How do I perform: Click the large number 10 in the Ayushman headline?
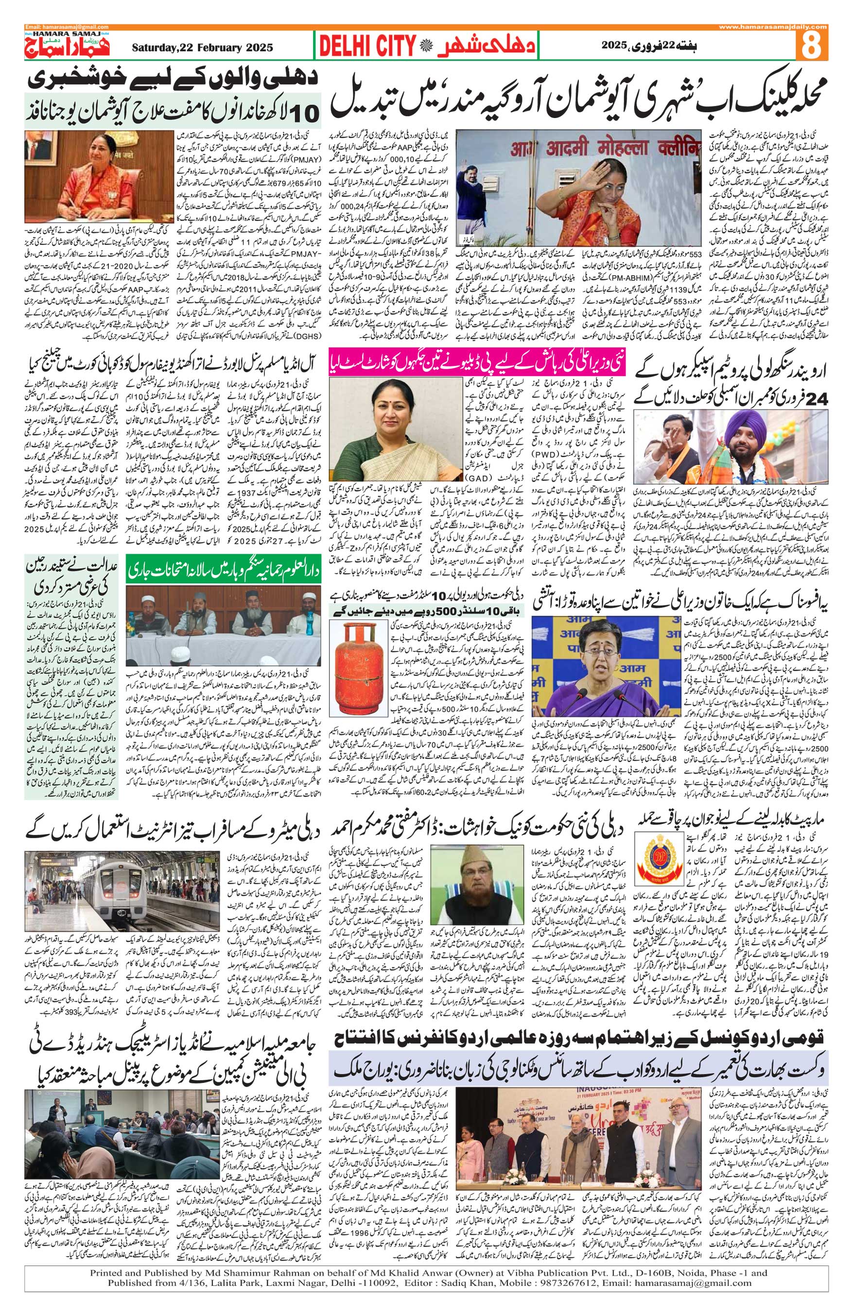tap(303, 113)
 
